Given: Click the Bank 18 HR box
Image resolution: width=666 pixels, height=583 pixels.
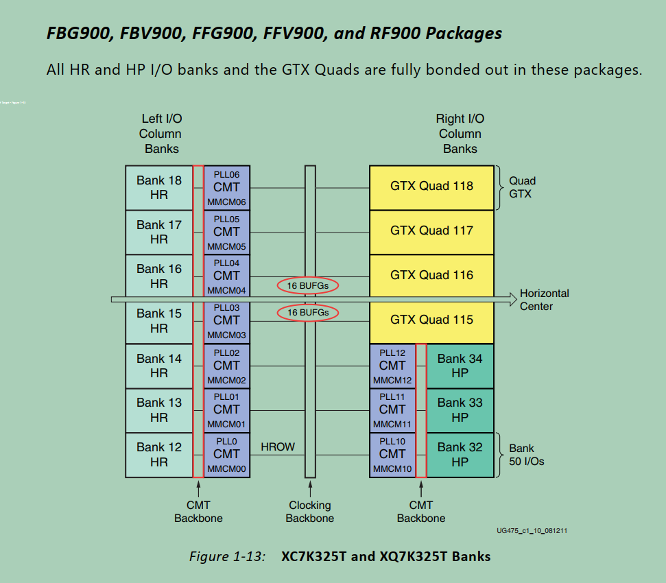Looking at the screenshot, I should pos(158,187).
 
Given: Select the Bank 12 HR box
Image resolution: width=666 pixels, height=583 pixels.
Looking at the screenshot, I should pos(158,454).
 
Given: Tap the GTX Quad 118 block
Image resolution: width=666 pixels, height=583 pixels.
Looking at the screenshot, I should pos(431,187).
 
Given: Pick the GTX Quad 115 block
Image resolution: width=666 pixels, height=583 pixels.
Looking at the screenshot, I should pos(431,320).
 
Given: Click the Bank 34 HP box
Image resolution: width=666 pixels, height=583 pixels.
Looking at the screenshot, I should pos(460,366).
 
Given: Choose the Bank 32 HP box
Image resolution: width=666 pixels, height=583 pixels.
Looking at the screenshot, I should pos(460,454).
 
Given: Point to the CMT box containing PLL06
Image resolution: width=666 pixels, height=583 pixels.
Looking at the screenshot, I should pos(226,187).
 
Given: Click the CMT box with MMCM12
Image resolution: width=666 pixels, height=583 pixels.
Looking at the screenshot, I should pos(392,366).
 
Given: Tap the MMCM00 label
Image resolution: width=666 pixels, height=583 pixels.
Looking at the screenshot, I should pos(226,469).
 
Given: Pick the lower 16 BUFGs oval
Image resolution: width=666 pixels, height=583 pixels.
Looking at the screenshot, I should pos(308,313).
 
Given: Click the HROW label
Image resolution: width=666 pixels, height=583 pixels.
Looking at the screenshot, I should pos(278,447).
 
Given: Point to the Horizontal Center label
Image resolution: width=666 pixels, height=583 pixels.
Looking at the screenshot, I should pos(544,300).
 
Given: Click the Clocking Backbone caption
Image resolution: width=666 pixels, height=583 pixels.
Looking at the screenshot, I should pos(310,512).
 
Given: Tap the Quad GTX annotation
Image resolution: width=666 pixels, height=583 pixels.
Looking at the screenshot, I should pos(522,187).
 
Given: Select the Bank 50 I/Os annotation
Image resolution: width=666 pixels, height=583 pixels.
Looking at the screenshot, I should pos(526,455).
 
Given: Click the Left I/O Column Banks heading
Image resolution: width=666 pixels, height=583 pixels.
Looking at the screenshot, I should pos(161,134).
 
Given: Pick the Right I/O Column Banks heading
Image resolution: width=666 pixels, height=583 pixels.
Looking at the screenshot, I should pos(460,134).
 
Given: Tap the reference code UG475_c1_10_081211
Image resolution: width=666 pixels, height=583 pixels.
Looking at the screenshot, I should pos(536,531).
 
